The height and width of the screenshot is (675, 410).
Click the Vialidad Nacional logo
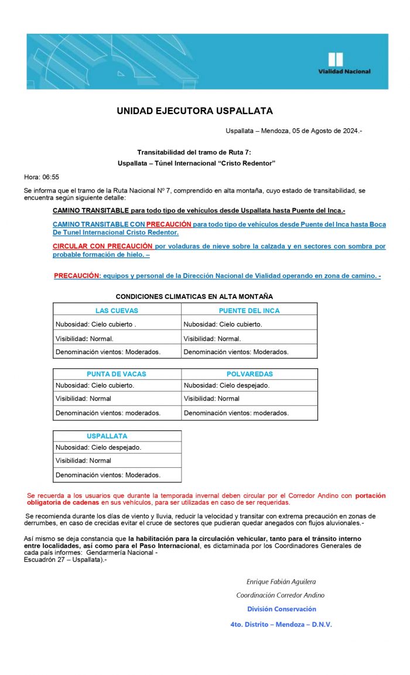point(343,63)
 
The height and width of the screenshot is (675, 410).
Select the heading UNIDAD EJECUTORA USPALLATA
point(194,111)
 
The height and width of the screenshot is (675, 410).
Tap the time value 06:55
point(50,177)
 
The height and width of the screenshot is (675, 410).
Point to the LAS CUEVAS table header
point(117,311)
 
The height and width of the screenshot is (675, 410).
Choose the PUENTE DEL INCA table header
point(249,311)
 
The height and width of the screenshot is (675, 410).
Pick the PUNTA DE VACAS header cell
point(117,374)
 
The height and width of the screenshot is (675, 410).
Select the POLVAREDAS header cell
point(250,374)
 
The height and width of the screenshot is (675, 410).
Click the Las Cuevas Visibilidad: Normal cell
point(84,338)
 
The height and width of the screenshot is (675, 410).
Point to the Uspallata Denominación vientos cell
point(108,475)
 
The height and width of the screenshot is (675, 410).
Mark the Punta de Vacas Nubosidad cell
point(95,385)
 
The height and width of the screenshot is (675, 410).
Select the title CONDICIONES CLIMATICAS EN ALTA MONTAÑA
point(194,297)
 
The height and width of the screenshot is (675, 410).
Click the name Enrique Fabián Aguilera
point(281,581)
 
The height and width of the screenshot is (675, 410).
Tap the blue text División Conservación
point(282,609)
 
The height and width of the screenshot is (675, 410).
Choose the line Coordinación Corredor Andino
point(281,595)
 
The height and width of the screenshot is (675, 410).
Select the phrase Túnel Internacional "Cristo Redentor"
point(221,163)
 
